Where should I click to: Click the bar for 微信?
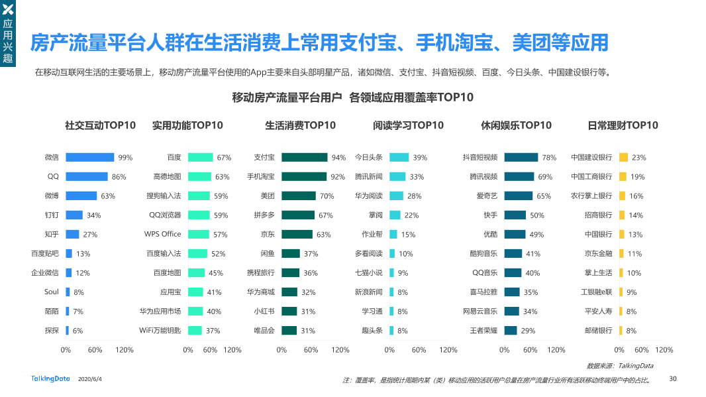[89, 158]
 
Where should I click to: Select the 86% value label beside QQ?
[119, 177]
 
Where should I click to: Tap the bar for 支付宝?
[304, 158]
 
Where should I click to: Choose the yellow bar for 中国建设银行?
[623, 158]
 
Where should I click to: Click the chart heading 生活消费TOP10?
[300, 125]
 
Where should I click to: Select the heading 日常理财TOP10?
[623, 125]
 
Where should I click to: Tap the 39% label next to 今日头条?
[420, 158]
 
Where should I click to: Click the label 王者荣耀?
[483, 330]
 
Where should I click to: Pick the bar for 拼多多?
[298, 215]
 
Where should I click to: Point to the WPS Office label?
[163, 234]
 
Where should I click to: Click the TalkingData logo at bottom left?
[50, 378]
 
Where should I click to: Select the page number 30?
[673, 379]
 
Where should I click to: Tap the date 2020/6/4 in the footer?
[90, 379]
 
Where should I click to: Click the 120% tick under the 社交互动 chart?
[125, 350]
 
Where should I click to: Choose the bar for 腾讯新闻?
[397, 177]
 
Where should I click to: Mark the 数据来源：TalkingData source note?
[620, 365]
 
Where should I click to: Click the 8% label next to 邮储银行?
[631, 331]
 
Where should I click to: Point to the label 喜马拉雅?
[483, 292]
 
